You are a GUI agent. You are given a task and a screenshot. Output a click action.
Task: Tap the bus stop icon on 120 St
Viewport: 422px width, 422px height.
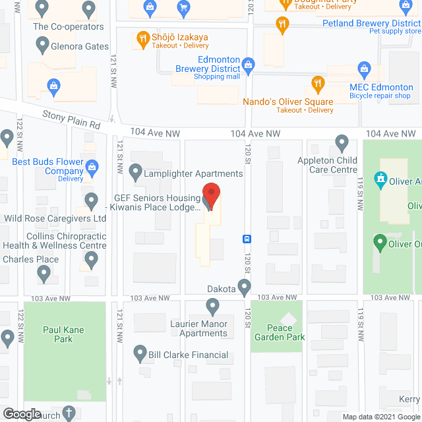247,239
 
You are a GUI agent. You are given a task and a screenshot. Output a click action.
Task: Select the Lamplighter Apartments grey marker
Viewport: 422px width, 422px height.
136,173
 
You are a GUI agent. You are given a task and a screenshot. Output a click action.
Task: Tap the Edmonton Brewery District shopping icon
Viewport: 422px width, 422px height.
248,64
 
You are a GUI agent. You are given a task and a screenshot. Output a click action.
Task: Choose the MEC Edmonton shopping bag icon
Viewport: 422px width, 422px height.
363,68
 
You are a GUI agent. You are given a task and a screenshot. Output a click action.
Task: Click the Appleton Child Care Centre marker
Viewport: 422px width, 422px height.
342,142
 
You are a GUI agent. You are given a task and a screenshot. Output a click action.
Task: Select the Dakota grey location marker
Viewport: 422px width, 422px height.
245,287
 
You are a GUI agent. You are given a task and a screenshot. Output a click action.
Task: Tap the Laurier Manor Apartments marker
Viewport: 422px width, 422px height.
212,306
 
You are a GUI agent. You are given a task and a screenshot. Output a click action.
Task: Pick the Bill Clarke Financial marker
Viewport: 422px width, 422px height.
140,354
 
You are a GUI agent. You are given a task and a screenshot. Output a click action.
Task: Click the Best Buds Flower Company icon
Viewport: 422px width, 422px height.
92,166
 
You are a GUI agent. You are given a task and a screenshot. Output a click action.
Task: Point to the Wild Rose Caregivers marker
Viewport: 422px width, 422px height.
92,199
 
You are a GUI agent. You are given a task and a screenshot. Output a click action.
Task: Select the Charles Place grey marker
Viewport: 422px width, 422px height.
44,272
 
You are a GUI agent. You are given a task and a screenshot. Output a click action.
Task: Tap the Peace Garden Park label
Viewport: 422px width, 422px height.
286,332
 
